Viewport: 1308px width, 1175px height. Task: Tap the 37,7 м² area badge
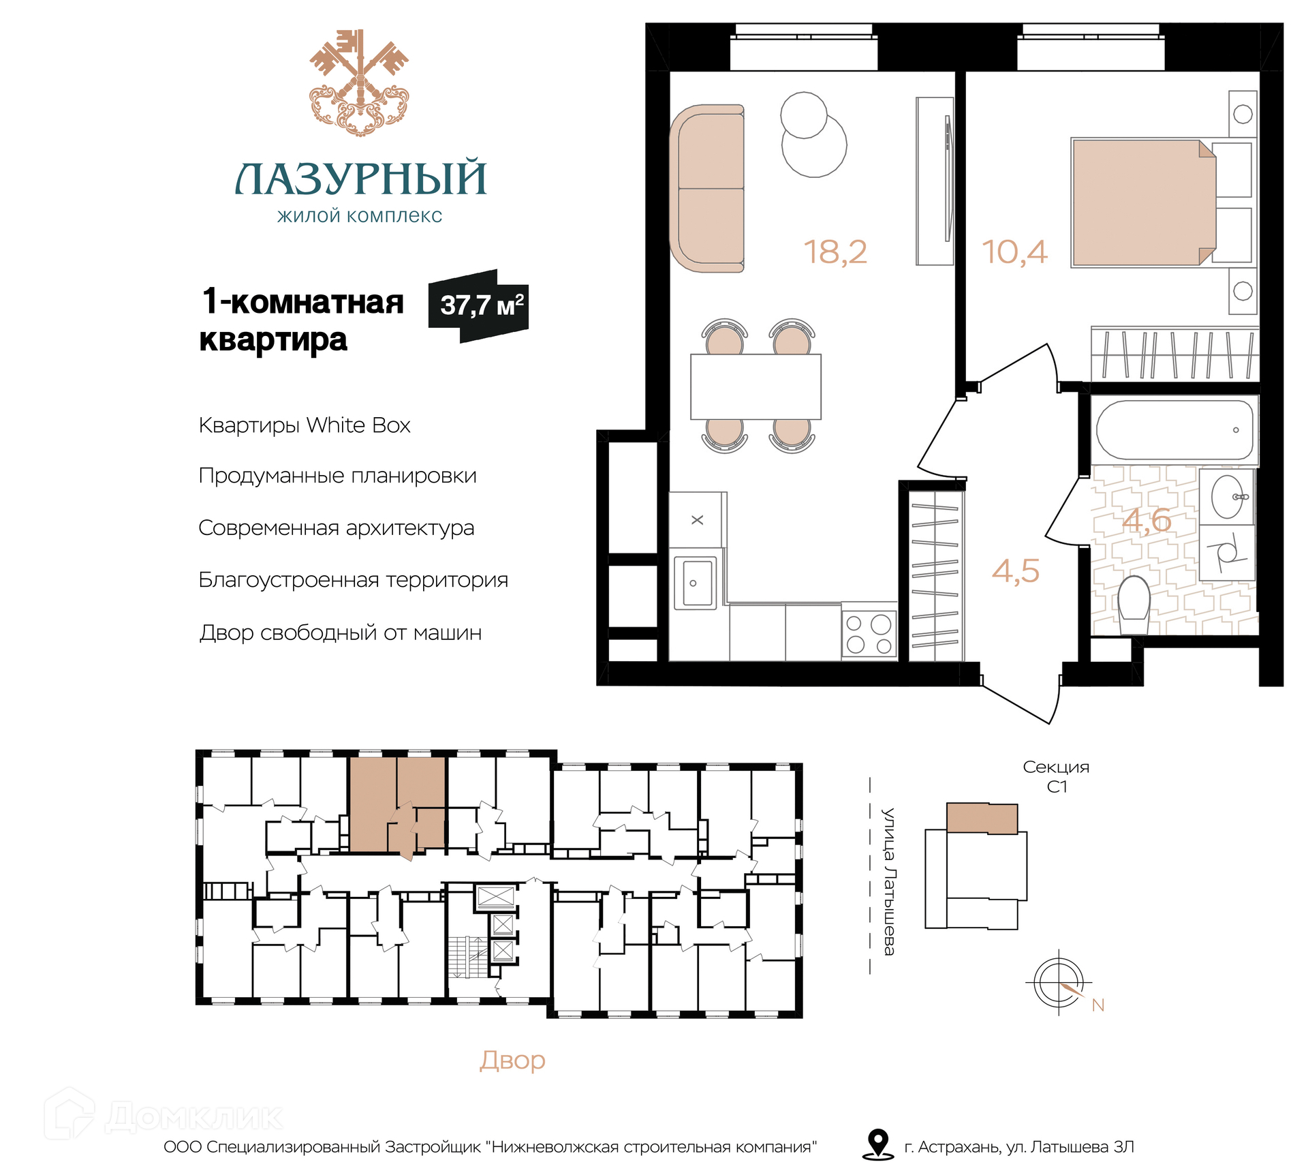(478, 306)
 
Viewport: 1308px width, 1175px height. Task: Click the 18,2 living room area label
(835, 252)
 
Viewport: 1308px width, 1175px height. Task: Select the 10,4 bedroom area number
(1014, 252)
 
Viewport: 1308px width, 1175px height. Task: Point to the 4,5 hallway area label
(1016, 571)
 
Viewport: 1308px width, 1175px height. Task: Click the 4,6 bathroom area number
(1147, 521)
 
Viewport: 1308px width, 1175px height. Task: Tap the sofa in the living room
(707, 188)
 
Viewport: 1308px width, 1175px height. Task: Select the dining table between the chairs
(756, 386)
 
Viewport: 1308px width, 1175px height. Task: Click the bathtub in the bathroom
(1174, 429)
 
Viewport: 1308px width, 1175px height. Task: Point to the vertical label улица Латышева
(888, 882)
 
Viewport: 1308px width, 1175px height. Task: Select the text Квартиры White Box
(305, 425)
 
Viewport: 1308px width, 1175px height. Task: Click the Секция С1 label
(1056, 776)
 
